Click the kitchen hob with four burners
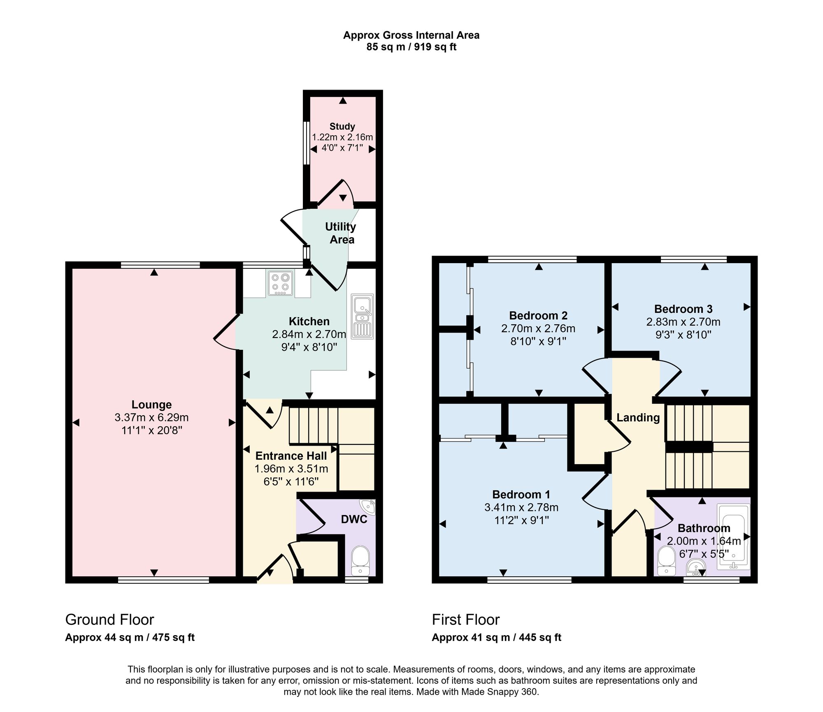point(281,283)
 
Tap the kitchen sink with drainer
point(363,316)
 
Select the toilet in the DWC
point(361,560)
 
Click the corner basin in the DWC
point(368,507)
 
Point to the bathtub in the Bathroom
point(733,536)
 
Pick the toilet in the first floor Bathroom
point(665,561)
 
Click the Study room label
point(342,127)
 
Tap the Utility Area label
point(341,233)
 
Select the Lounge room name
point(151,405)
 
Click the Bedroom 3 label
point(683,309)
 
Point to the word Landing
point(638,418)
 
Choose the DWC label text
point(354,519)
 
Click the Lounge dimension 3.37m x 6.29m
point(151,418)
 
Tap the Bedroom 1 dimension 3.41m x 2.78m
point(521,508)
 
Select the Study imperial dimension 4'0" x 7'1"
point(342,148)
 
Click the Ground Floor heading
point(109,620)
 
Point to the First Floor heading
point(466,620)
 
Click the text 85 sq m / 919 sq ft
point(411,47)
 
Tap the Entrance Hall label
point(291,456)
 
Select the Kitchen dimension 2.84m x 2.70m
point(309,334)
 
